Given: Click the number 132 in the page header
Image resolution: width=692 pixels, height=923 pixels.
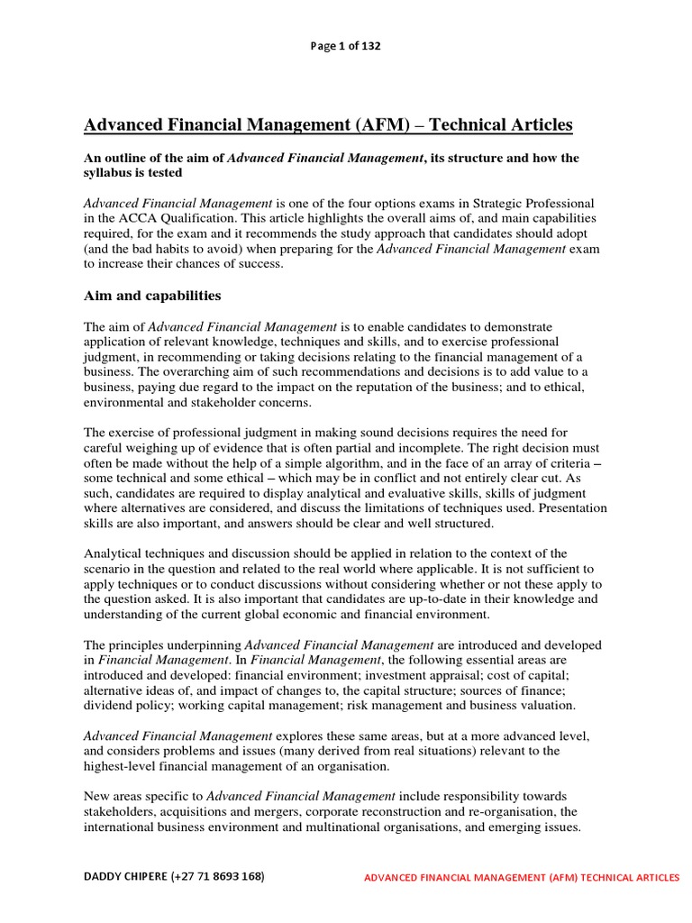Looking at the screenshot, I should click(x=369, y=47).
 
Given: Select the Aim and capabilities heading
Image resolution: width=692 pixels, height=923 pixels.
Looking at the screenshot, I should click(x=152, y=296).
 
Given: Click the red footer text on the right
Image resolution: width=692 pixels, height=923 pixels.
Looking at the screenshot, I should click(x=522, y=878).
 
